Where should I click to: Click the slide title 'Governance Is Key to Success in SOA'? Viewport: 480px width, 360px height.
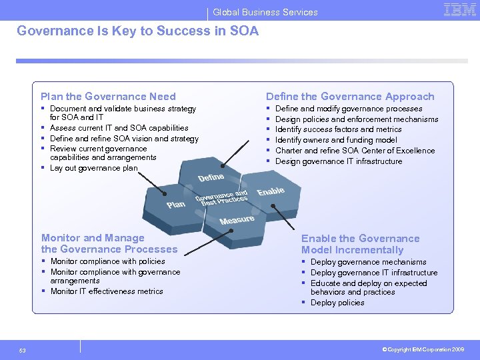(137, 31)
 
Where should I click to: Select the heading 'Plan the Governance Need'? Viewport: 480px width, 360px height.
(108, 97)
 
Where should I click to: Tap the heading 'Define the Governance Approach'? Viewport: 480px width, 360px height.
(350, 97)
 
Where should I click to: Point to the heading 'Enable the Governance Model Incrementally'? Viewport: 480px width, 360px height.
(360, 244)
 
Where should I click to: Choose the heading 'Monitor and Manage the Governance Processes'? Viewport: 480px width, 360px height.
(109, 243)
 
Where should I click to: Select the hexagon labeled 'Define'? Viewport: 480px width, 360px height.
(211, 178)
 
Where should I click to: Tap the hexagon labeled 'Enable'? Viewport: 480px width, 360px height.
(271, 191)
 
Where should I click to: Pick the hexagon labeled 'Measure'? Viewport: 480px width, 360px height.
(237, 220)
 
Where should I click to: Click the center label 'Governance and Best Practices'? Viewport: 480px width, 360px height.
(221, 198)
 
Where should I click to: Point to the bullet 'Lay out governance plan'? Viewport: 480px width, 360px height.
(93, 168)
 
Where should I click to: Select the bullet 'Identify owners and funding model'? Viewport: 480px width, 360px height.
(336, 140)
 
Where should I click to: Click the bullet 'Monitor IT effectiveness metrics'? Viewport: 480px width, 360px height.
(107, 291)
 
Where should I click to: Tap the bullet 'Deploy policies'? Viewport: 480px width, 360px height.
(337, 303)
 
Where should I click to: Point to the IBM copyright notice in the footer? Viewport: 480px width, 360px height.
(423, 349)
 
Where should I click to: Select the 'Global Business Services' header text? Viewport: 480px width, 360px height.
(265, 12)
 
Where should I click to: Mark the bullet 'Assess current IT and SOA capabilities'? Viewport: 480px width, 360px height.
(119, 128)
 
